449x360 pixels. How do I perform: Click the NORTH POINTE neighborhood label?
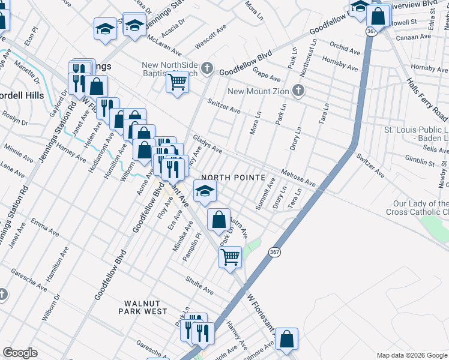pyautogui.click(x=234, y=178)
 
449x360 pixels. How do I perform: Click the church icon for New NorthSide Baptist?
pyautogui.click(x=208, y=68)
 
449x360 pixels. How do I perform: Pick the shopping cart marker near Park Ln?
pyautogui.click(x=230, y=257)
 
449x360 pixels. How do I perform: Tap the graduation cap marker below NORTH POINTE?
pyautogui.click(x=205, y=191)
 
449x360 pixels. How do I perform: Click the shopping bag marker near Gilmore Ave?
pyautogui.click(x=288, y=339)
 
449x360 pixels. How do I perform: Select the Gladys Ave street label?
pyautogui.click(x=208, y=143)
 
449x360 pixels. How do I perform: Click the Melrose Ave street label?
pyautogui.click(x=298, y=177)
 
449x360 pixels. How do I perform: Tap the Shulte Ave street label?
pyautogui.click(x=199, y=286)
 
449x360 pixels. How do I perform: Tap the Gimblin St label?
pyautogui.click(x=420, y=161)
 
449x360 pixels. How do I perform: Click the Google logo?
pyautogui.click(x=20, y=353)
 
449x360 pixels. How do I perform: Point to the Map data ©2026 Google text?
pyautogui.click(x=411, y=355)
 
